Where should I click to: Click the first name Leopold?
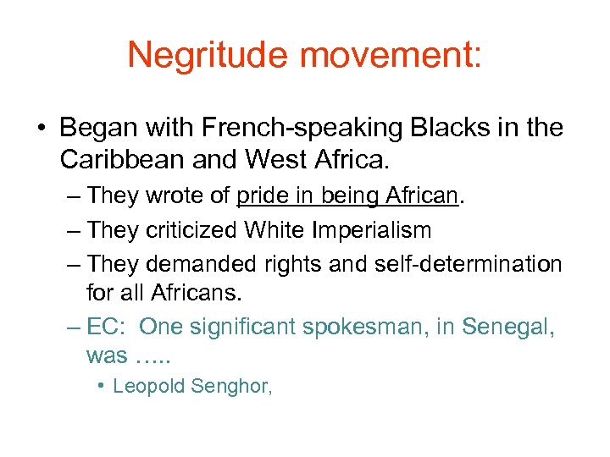[149, 387]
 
